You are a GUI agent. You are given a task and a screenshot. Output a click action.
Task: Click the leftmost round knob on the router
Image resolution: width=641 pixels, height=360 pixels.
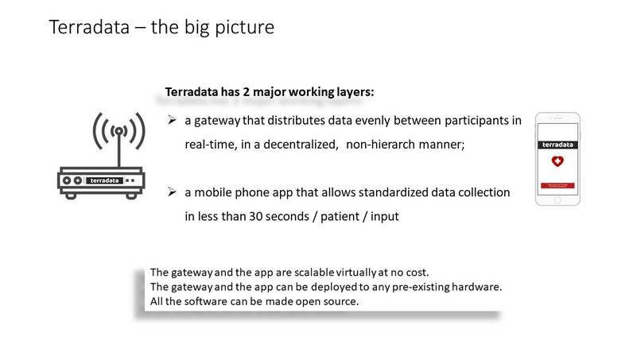pos(68,180)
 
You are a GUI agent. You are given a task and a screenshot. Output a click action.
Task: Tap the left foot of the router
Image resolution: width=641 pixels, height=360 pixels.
pos(70,193)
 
